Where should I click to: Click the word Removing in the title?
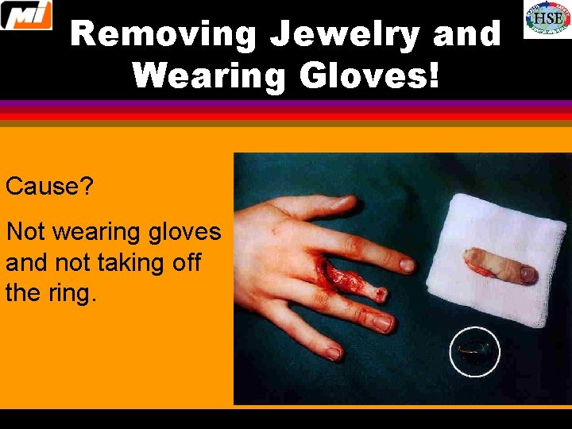point(164,35)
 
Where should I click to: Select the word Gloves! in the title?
point(369,76)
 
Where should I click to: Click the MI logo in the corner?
point(26,15)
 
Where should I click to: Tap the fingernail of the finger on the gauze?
point(527,275)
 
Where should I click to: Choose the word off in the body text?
point(184,263)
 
